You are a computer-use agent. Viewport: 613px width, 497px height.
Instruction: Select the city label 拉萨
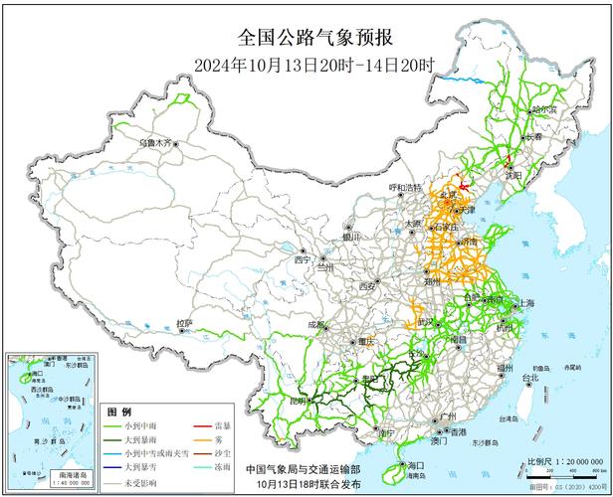pos(184,324)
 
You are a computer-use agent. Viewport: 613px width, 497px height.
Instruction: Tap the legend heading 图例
pos(118,411)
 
